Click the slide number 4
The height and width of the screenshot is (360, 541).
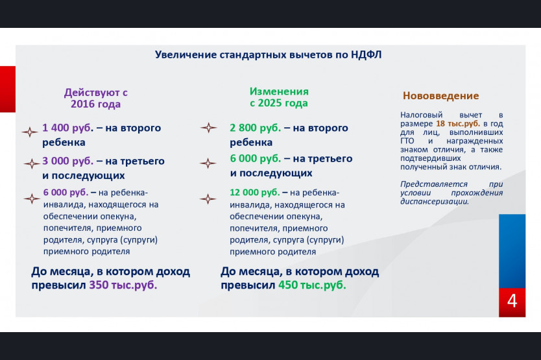512,301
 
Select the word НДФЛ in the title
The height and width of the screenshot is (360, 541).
366,55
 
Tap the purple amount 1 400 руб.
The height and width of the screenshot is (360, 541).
67,128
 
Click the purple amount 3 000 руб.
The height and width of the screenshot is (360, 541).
67,161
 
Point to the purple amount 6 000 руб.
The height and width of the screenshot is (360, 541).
66,192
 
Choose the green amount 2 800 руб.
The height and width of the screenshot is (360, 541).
256,128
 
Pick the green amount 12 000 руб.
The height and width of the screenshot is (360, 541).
255,192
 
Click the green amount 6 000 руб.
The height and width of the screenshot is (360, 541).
256,159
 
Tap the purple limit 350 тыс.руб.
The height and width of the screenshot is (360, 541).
123,285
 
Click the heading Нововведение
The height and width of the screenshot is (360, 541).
440,95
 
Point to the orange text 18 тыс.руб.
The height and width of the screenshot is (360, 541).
458,123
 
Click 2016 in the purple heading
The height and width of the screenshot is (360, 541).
83,104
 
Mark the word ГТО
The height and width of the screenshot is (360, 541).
407,141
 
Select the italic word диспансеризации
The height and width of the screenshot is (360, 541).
435,202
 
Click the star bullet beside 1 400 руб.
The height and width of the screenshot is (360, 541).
30,132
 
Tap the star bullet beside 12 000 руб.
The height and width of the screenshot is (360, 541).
208,199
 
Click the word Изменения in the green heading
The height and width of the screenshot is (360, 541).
279,91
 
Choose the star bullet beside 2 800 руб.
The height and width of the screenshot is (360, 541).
209,128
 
